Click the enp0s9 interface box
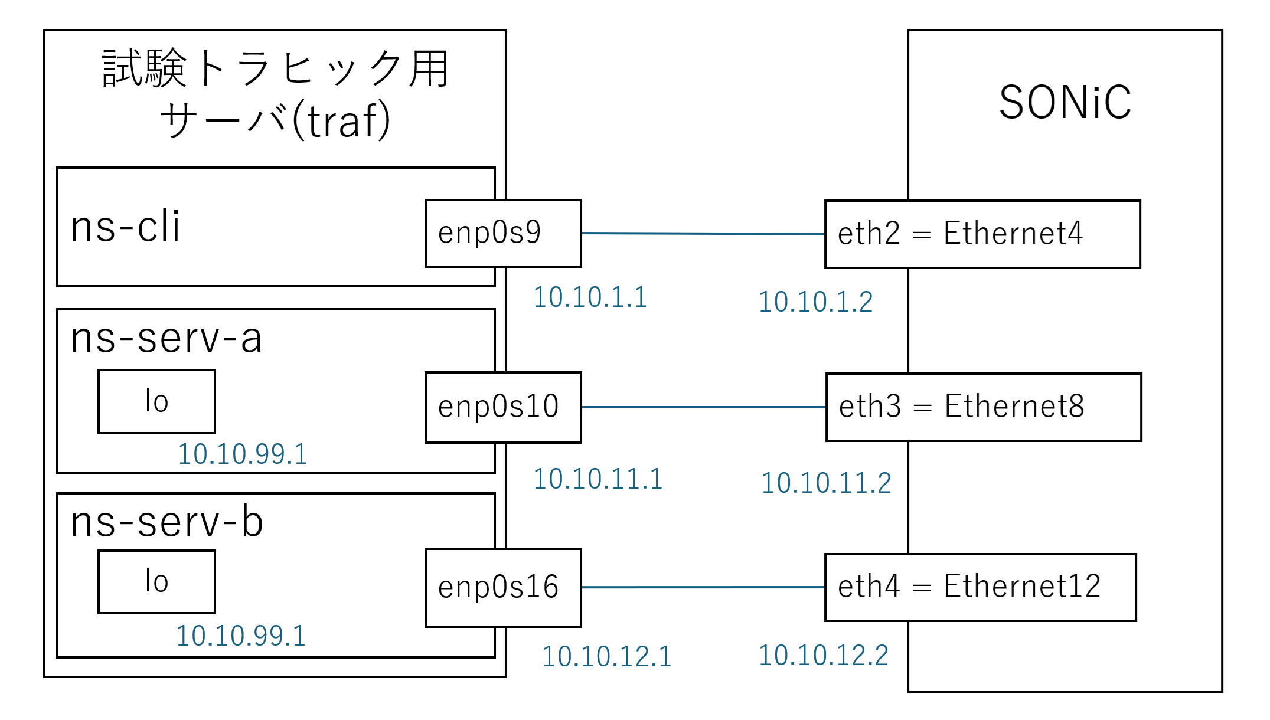pos(503,233)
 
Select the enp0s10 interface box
pos(503,407)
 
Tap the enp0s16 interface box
pos(503,587)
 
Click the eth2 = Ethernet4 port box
pos(982,234)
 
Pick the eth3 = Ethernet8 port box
pos(984,407)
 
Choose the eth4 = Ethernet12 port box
pos(981,587)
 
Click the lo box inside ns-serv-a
pos(156,401)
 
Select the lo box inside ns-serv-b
pos(156,582)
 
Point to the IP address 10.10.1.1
pos(590,297)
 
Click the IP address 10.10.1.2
pos(815,302)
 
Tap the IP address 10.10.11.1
pos(598,479)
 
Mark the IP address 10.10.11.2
pos(826,483)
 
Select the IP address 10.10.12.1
pos(607,656)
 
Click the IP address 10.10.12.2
pos(823,655)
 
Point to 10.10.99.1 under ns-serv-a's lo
pos(243,454)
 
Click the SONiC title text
pos(1065,102)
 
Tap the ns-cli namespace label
pos(125,226)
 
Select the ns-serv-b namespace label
pos(167,522)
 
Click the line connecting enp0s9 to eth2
pos(703,234)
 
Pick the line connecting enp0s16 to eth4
pos(703,587)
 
